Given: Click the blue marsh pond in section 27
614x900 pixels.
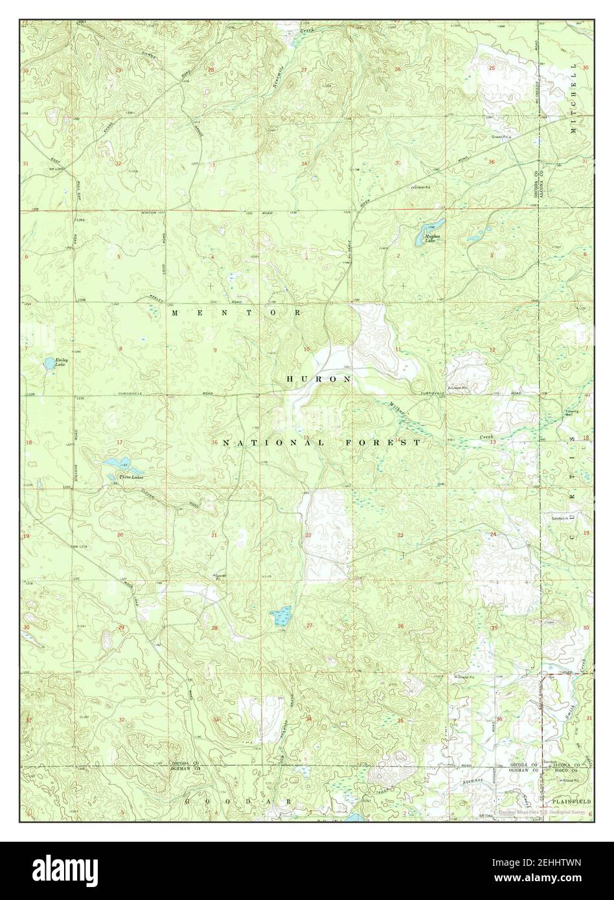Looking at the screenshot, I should [281, 616].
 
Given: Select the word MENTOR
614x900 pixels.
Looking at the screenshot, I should [236, 313].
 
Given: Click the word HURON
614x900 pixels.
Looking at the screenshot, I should [319, 378].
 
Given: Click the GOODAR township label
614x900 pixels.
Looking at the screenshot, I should [236, 801].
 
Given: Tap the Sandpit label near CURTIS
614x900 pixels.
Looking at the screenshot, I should [550, 519].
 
